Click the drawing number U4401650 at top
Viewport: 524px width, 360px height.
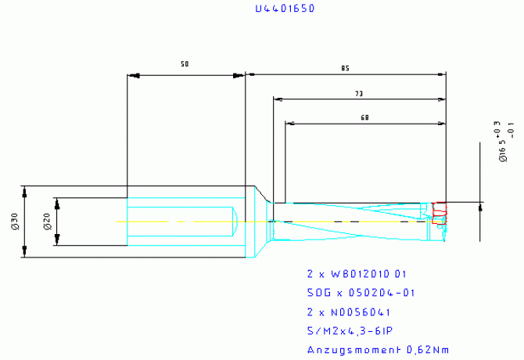(x=287, y=9)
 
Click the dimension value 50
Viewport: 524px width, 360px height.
(x=185, y=63)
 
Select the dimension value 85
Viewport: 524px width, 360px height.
(x=345, y=69)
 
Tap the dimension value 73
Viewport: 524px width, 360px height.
(x=359, y=94)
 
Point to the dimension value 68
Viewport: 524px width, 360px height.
(x=364, y=117)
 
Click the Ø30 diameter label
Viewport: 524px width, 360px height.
(x=14, y=222)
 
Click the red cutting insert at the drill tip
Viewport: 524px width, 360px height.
(x=440, y=209)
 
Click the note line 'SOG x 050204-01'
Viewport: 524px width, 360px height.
(x=359, y=293)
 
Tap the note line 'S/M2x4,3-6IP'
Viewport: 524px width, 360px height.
(x=351, y=330)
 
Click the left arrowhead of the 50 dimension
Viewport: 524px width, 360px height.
(x=133, y=76)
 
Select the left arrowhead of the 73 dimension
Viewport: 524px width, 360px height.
(x=278, y=99)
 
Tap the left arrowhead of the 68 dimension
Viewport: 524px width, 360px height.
(x=290, y=124)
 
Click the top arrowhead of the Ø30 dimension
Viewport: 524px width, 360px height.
(x=27, y=191)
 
